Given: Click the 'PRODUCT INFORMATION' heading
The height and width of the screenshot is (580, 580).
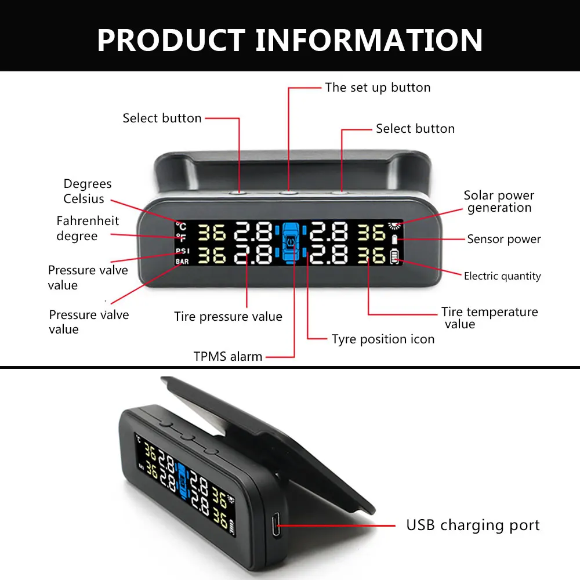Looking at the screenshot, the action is (290, 39).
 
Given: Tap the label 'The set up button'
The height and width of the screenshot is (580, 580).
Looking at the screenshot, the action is (378, 88).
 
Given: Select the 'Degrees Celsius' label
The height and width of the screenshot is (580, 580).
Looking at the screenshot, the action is (88, 191).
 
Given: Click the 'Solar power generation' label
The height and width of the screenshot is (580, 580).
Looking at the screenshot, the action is (499, 201).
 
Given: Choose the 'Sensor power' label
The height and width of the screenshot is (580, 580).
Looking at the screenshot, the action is (503, 239).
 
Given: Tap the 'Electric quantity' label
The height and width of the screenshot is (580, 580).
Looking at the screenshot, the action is (502, 276).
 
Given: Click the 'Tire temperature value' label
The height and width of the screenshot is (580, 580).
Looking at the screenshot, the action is (489, 318).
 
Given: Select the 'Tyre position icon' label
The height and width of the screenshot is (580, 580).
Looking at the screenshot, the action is (383, 339).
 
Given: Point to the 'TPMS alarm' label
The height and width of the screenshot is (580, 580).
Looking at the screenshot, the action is (228, 356).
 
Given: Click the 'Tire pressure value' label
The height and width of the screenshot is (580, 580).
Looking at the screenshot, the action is (228, 317).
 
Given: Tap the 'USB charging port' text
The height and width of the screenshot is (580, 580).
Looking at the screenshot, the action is (473, 525).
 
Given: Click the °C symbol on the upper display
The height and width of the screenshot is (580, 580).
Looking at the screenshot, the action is (181, 226).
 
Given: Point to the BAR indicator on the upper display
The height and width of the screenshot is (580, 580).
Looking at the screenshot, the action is (182, 262).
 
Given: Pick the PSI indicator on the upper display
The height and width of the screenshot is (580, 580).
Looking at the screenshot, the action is (182, 251).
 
